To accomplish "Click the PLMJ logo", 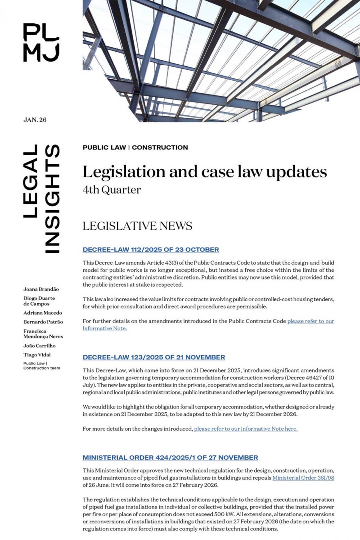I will click(41, 42).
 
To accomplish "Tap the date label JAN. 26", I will click(35, 120).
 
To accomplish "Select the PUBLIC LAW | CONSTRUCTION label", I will click(135, 148).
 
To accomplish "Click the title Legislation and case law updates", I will click(204, 172).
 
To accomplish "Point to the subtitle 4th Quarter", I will click(112, 190).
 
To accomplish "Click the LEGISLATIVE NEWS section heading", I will click(137, 226).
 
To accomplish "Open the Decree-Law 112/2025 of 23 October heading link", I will click(151, 250).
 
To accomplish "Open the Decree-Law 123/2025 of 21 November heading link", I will click(153, 357).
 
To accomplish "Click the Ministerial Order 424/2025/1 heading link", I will click(170, 458).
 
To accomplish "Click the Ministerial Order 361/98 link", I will click(303, 478).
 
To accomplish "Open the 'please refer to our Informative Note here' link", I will click(246, 429).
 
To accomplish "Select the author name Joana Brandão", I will click(41, 289).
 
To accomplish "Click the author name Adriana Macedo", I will click(43, 313).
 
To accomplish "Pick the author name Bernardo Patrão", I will click(43, 322).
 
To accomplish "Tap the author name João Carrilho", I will click(40, 346).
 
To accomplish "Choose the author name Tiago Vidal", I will click(37, 355).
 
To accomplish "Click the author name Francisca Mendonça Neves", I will click(43, 333).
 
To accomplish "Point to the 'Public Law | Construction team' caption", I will click(41, 365).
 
